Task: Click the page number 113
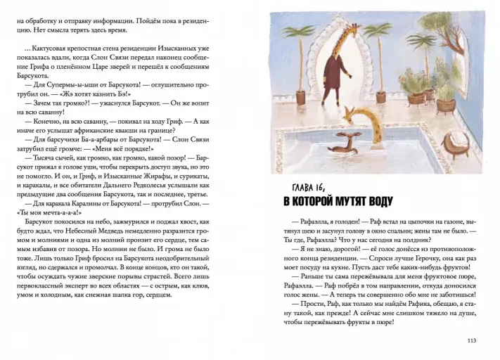coord(471,341)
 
